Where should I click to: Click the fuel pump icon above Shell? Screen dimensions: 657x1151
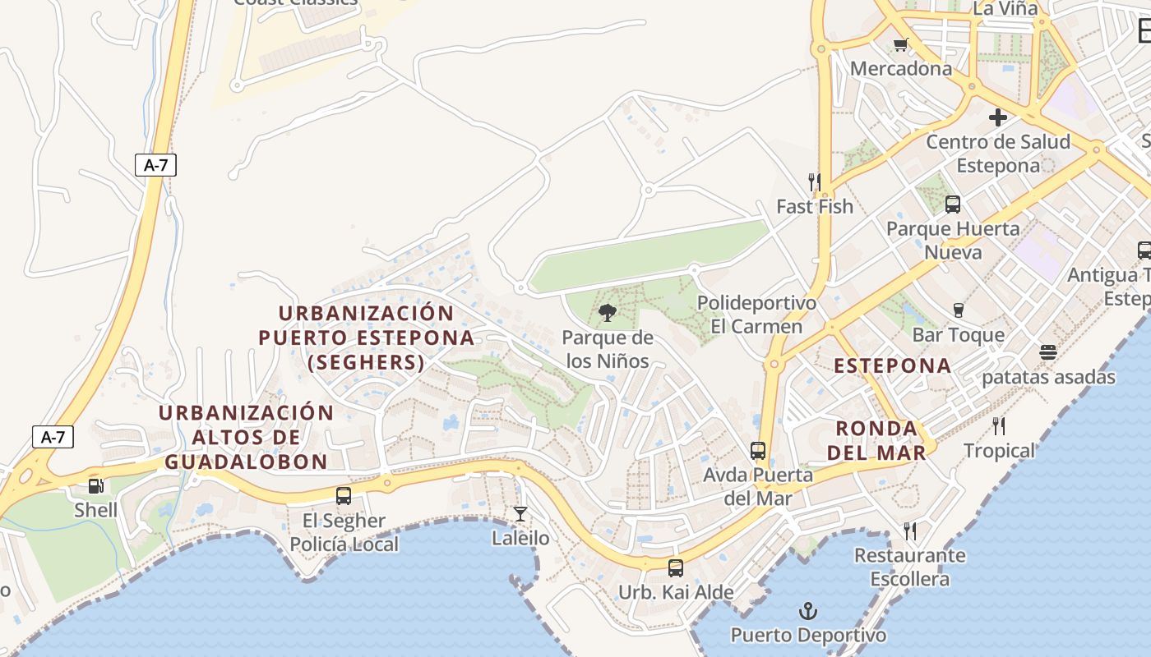pyautogui.click(x=96, y=485)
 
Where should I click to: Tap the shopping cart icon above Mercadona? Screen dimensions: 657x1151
pyautogui.click(x=900, y=44)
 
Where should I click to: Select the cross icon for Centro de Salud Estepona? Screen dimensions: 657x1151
pyautogui.click(x=998, y=117)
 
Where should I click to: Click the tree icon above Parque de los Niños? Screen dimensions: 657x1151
pyautogui.click(x=608, y=312)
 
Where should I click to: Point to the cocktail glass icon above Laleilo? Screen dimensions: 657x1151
pyautogui.click(x=520, y=514)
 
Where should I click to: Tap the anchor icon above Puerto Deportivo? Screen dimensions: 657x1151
pyautogui.click(x=808, y=611)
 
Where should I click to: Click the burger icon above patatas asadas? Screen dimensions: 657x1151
pyautogui.click(x=1047, y=352)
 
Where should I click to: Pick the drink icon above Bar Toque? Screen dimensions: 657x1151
pyautogui.click(x=958, y=310)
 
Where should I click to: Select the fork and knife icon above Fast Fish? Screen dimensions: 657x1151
pyautogui.click(x=814, y=181)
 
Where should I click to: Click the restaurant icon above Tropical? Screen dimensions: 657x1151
pyautogui.click(x=999, y=425)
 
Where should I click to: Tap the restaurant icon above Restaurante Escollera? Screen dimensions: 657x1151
pyautogui.click(x=910, y=531)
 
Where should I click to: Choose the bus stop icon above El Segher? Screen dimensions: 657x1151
pyautogui.click(x=344, y=496)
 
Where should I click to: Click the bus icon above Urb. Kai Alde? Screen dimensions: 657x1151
pyautogui.click(x=676, y=567)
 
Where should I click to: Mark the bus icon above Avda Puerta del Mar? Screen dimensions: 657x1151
pyautogui.click(x=758, y=450)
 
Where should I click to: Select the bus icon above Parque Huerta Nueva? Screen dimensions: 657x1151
pyautogui.click(x=953, y=204)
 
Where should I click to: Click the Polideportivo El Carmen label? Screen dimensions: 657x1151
pyautogui.click(x=756, y=315)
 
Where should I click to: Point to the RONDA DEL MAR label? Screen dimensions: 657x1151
pyautogui.click(x=876, y=440)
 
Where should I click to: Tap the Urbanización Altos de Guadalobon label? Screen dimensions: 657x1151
pyautogui.click(x=247, y=437)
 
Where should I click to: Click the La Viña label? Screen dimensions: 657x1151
pyautogui.click(x=1005, y=9)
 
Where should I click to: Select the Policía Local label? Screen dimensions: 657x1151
pyautogui.click(x=344, y=544)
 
